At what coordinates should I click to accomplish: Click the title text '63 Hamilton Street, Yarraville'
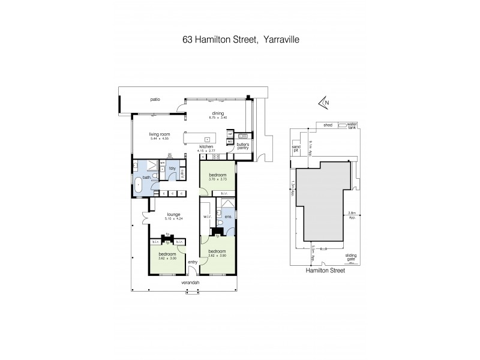point(240,41)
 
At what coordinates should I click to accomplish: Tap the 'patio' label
point(156,99)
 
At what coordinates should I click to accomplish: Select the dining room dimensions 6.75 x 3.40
point(217,118)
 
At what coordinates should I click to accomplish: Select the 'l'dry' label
point(172,168)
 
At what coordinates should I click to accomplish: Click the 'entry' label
point(192,262)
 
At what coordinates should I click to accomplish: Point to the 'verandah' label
point(191,282)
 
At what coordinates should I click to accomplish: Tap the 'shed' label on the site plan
point(328,125)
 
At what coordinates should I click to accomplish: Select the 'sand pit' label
point(296,148)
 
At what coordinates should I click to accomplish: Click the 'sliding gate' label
point(351,257)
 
